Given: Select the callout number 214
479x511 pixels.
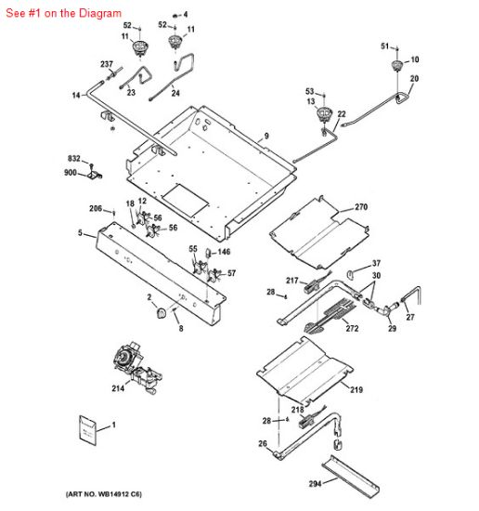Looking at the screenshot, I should click(x=118, y=388).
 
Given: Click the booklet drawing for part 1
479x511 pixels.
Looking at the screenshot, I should click(x=88, y=430).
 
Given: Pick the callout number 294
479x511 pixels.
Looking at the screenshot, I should click(x=315, y=484).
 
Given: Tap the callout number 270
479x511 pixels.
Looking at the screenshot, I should click(x=361, y=206).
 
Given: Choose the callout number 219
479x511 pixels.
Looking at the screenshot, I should click(x=356, y=391).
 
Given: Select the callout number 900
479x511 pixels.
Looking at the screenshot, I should click(x=71, y=172).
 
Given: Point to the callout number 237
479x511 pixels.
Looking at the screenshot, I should click(x=106, y=64).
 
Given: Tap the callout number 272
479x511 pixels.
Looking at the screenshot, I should click(x=351, y=328).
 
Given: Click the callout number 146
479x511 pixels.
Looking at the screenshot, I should click(x=224, y=252).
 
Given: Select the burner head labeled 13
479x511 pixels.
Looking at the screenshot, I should click(x=324, y=115).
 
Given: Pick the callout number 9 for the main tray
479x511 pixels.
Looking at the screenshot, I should click(x=265, y=137).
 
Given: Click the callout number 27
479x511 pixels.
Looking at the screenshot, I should click(x=410, y=317).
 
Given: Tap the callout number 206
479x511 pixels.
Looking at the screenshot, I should click(x=96, y=208).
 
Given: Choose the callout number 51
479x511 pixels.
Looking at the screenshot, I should click(x=384, y=46).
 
